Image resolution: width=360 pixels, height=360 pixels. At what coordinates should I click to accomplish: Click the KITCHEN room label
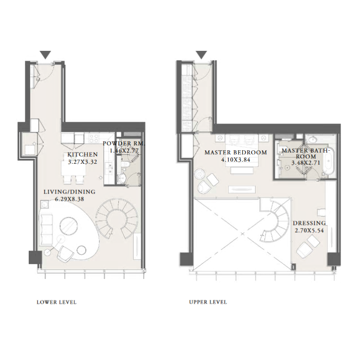click(82, 154)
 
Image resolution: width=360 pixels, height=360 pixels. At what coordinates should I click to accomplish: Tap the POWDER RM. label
click(123, 144)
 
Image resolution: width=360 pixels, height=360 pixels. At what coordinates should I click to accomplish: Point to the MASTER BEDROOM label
click(235, 153)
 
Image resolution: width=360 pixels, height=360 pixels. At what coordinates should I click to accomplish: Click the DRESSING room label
click(309, 223)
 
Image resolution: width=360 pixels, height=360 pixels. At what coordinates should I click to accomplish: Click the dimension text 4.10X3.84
click(235, 160)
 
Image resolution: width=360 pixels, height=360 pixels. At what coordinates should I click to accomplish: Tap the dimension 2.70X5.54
click(309, 231)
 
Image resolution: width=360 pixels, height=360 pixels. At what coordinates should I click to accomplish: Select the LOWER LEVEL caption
click(56, 302)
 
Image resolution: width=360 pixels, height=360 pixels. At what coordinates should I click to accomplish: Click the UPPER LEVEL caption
click(208, 302)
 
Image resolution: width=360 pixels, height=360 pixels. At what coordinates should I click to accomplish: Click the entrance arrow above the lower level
click(45, 55)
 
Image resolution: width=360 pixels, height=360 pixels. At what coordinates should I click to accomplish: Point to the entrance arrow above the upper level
click(201, 55)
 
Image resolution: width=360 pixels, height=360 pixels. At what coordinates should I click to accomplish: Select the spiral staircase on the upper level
click(275, 220)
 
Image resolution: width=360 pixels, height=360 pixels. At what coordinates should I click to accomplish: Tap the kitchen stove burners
click(94, 138)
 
